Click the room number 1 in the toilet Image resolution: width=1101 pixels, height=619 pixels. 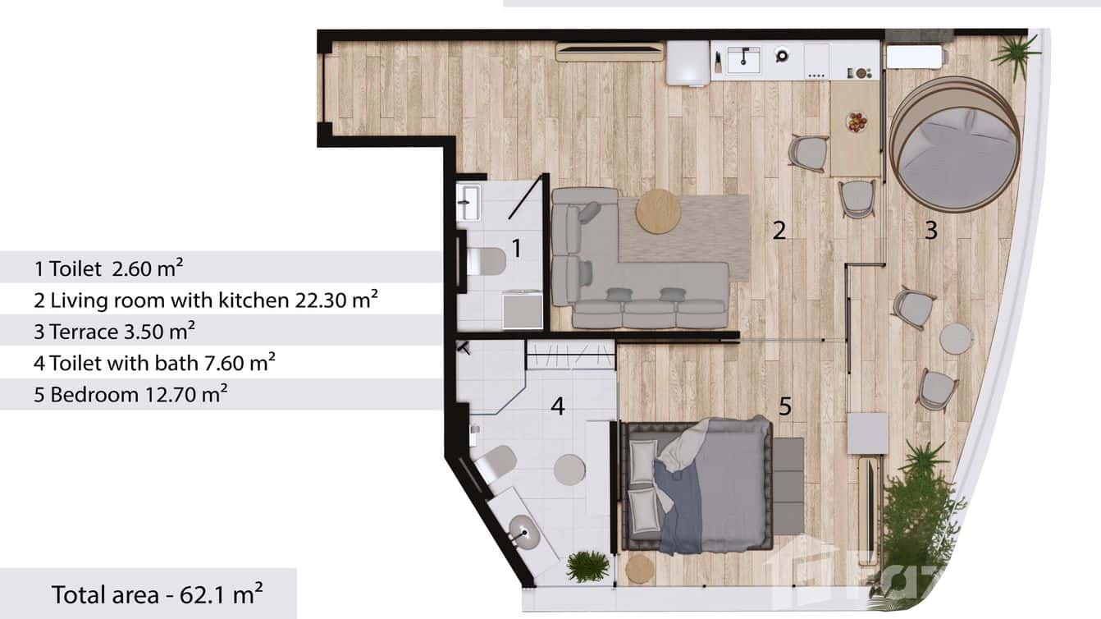pyautogui.click(x=516, y=247)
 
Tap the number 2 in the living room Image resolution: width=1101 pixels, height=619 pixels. pyautogui.click(x=779, y=231)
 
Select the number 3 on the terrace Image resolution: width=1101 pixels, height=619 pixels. pyautogui.click(x=930, y=232)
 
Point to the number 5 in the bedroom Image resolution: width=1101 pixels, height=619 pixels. pyautogui.click(x=785, y=406)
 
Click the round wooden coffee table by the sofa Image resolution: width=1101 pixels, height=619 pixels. pyautogui.click(x=657, y=212)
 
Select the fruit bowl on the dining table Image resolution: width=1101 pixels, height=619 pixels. pyautogui.click(x=857, y=122)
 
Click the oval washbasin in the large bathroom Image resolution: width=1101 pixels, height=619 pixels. pyautogui.click(x=524, y=531)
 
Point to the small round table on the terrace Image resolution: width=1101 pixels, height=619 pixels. pyautogui.click(x=956, y=338)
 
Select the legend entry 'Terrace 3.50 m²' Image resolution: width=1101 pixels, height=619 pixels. pyautogui.click(x=115, y=331)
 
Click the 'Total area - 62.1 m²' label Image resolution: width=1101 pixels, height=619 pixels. pyautogui.click(x=157, y=594)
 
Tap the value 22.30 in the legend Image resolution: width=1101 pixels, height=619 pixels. pyautogui.click(x=320, y=300)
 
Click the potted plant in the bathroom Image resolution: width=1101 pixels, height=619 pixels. pyautogui.click(x=587, y=566)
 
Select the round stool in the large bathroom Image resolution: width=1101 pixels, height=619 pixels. pyautogui.click(x=569, y=470)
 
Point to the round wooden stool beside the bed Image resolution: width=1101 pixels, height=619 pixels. pyautogui.click(x=640, y=568)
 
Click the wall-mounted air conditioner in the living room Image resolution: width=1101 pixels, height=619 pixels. pyautogui.click(x=610, y=51)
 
